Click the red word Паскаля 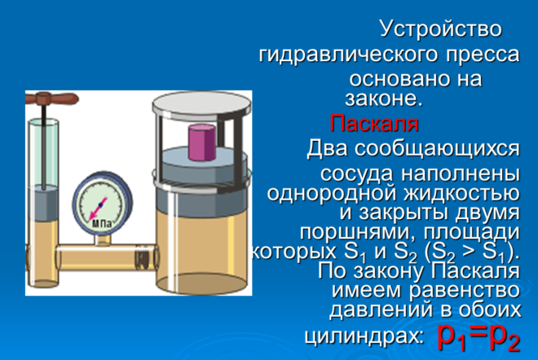coord(374,123)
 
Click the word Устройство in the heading coord(440,29)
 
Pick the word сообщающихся coord(437,149)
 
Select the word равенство coord(465,290)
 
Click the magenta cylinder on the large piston coord(202,143)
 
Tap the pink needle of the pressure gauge coord(98,209)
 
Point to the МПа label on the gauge coord(102,225)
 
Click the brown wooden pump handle coord(52,99)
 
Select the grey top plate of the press coord(202,106)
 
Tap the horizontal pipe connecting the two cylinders coord(106,257)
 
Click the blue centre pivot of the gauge coord(101,204)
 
